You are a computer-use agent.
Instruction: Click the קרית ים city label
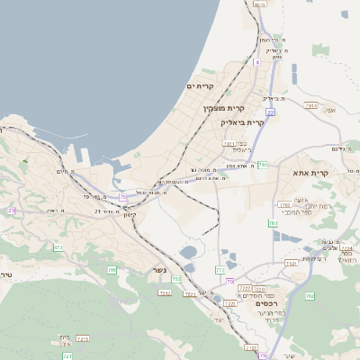pyautogui.click(x=199, y=86)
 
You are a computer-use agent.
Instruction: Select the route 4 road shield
pyautogui.click(x=256, y=62)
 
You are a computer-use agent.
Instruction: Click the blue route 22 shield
pyautogui.click(x=270, y=112)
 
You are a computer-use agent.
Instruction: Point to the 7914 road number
pyautogui.click(x=311, y=105)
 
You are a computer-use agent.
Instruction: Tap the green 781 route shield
pyautogui.click(x=262, y=165)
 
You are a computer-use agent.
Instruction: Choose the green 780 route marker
pyautogui.click(x=273, y=222)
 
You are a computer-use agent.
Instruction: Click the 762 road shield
pyautogui.click(x=310, y=295)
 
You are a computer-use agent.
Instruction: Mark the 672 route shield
pyautogui.click(x=58, y=246)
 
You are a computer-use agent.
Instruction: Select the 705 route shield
pyautogui.click(x=112, y=269)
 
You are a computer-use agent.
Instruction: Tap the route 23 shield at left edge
pyautogui.click(x=12, y=211)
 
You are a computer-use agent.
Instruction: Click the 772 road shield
pyautogui.click(x=220, y=269)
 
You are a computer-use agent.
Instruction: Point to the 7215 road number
pyautogui.click(x=83, y=338)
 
